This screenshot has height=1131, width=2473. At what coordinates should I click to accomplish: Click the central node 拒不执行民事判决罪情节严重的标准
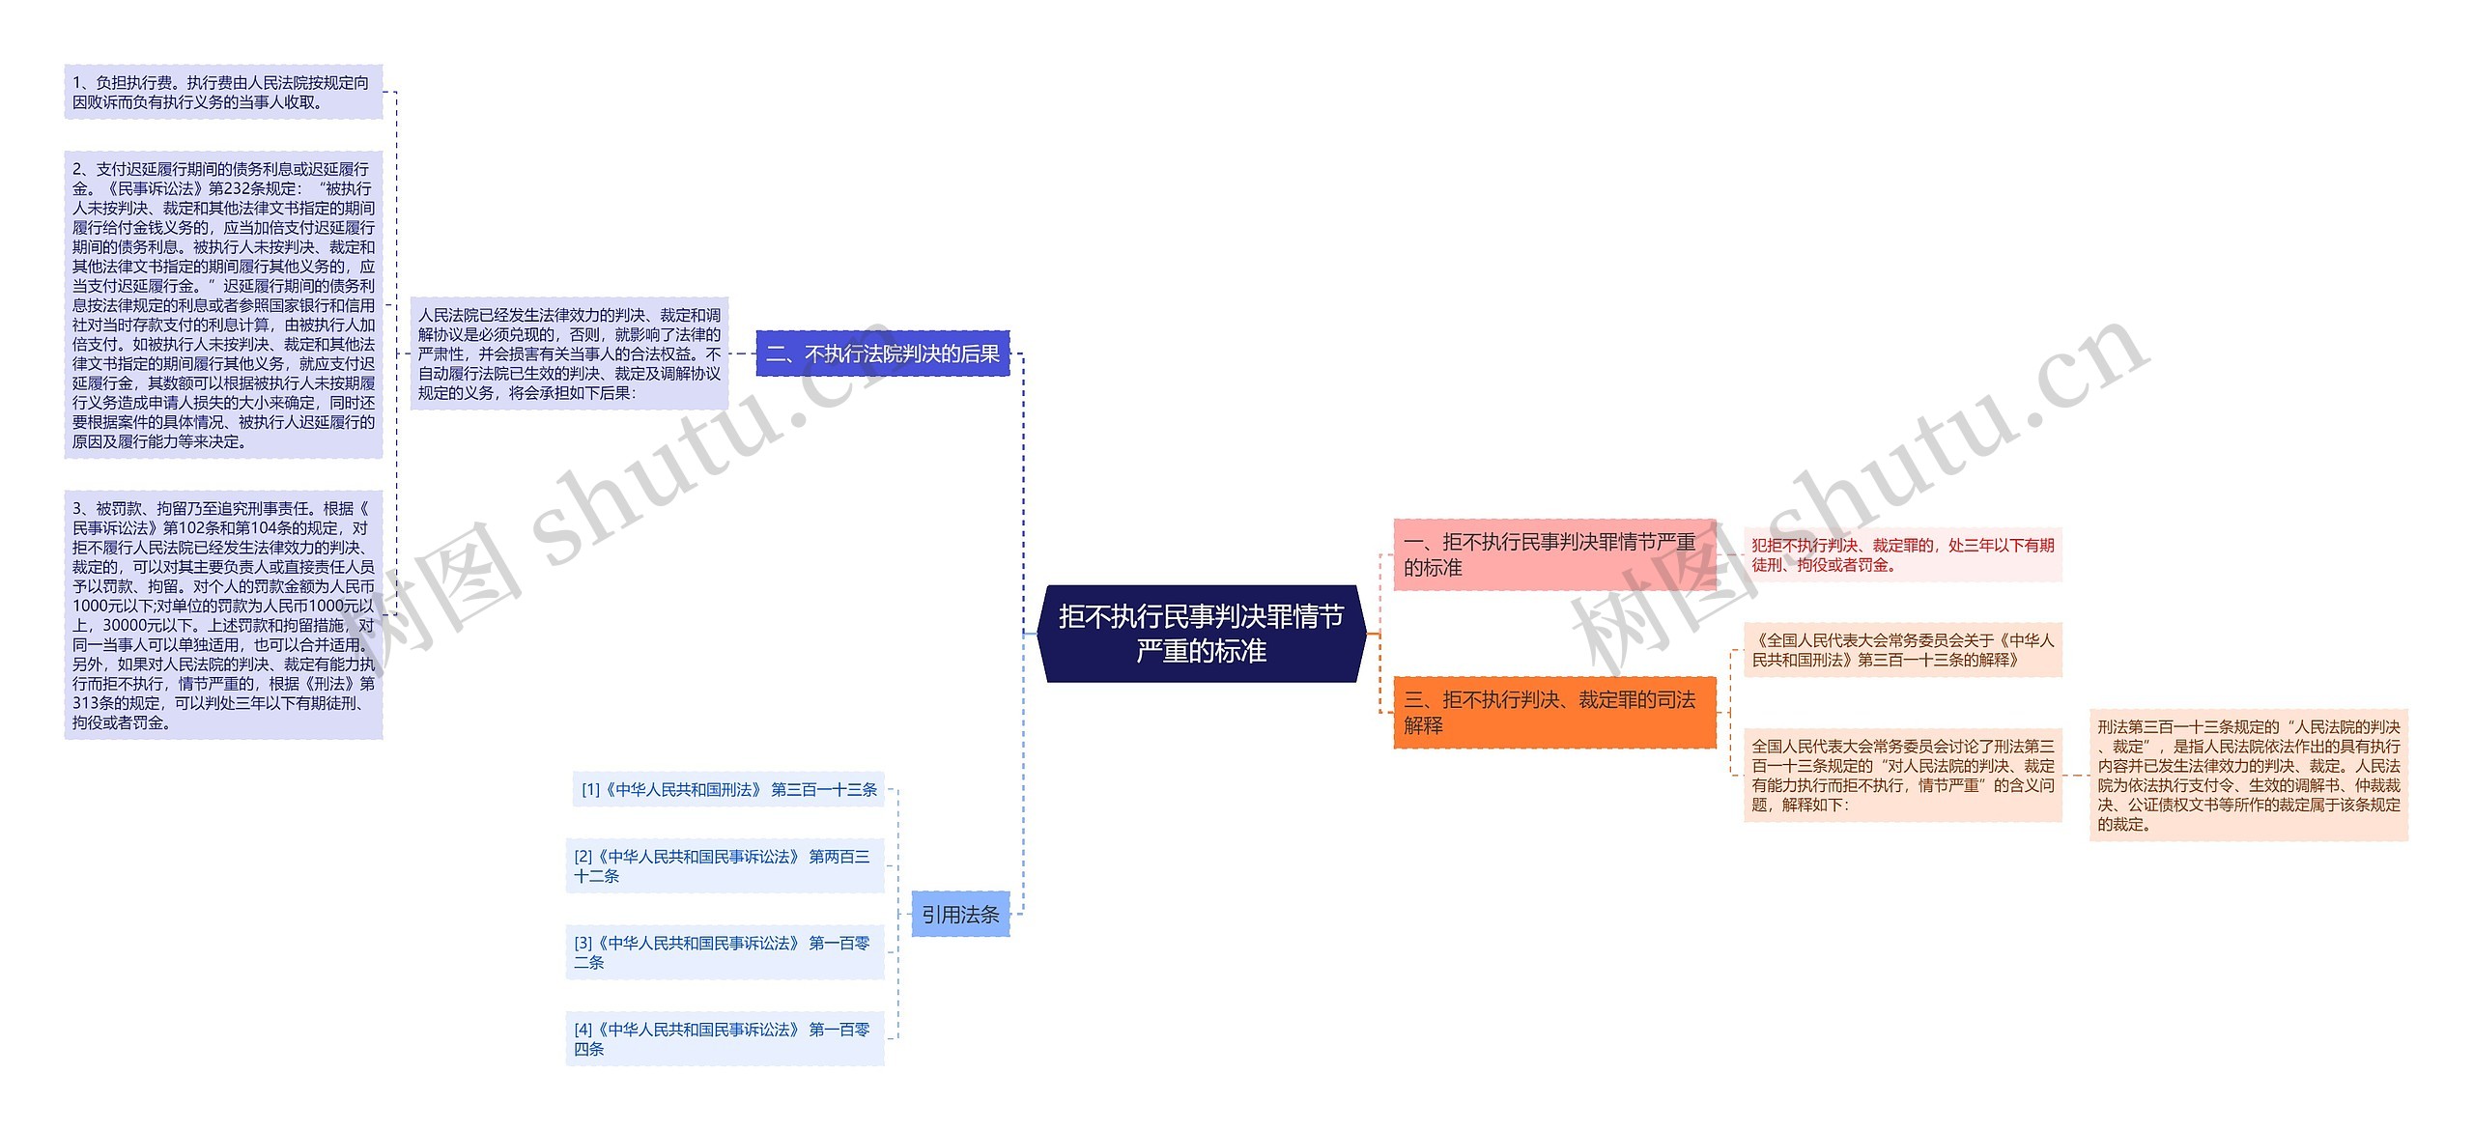(x=1201, y=634)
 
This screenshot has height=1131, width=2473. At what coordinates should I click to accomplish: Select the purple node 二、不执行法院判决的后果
(x=882, y=354)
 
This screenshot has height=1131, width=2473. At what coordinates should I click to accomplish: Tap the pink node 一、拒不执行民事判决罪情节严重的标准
(x=1553, y=554)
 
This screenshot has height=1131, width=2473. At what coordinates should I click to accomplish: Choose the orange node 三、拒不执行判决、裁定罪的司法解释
(x=1553, y=713)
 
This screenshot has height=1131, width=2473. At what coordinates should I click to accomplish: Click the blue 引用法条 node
(x=960, y=914)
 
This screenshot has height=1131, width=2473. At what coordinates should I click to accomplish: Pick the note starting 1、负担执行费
(x=223, y=93)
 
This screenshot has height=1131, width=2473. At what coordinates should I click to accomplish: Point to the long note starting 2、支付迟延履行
(x=223, y=305)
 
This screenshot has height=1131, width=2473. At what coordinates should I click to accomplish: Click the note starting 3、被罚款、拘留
(x=223, y=615)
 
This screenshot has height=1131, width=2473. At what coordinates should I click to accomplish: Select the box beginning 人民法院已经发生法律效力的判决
(x=569, y=354)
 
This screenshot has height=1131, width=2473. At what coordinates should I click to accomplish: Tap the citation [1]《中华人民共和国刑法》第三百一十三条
(x=728, y=790)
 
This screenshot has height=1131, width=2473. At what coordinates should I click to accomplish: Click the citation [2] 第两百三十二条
(x=725, y=866)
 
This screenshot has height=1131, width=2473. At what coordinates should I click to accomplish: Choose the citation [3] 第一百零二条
(x=725, y=952)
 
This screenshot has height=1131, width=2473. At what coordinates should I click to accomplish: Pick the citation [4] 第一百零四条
(x=725, y=1039)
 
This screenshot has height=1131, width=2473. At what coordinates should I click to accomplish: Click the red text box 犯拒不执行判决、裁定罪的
(x=1902, y=554)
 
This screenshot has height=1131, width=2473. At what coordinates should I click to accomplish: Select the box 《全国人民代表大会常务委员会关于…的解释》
(x=1902, y=650)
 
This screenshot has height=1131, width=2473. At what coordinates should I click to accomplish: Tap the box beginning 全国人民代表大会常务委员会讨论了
(x=1902, y=776)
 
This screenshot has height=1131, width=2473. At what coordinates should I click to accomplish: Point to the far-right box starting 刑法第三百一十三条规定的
(x=2248, y=776)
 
